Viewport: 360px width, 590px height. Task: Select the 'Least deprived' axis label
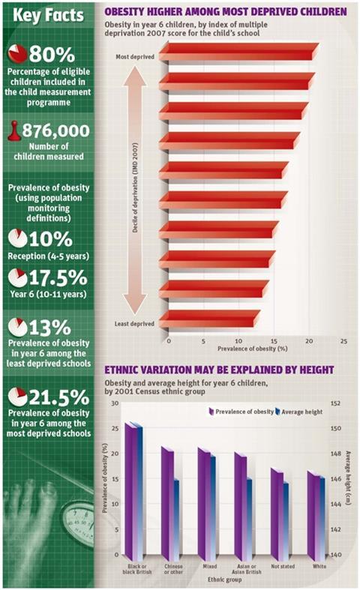point(136,324)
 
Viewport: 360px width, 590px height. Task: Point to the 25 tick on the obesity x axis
point(343,340)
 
